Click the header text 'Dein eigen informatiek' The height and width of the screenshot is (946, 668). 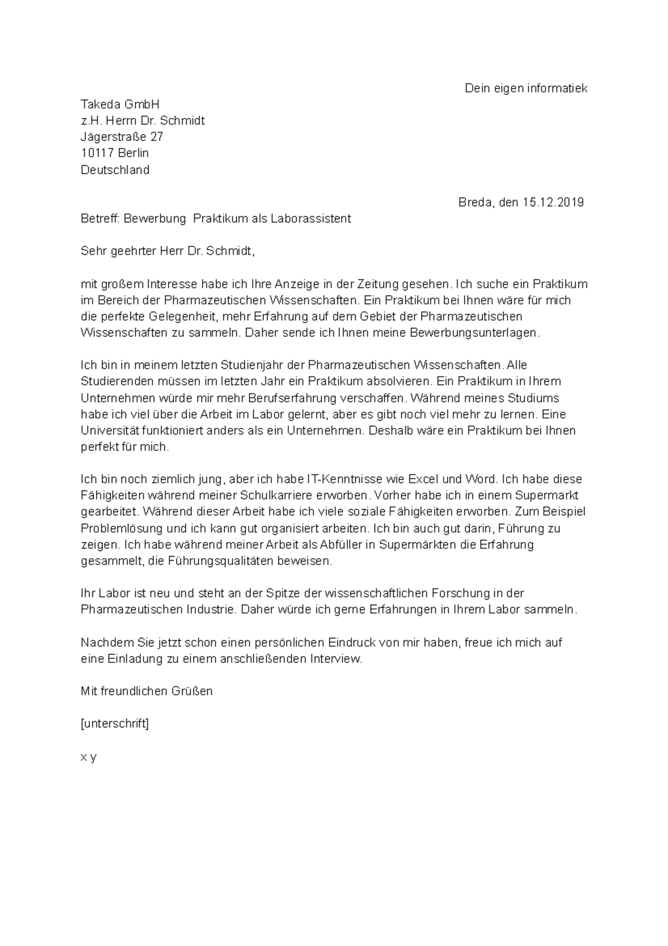(525, 88)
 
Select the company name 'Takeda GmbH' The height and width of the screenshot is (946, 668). (120, 104)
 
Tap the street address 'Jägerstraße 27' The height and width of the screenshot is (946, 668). (122, 136)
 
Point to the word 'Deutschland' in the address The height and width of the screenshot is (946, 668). (115, 169)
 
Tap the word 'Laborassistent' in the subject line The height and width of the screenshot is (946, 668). (311, 218)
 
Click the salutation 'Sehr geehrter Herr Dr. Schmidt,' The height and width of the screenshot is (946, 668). (168, 251)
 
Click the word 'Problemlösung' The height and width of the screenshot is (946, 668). (122, 528)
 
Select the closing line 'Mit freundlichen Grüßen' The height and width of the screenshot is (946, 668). (146, 691)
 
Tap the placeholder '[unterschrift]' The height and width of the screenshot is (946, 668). (115, 724)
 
